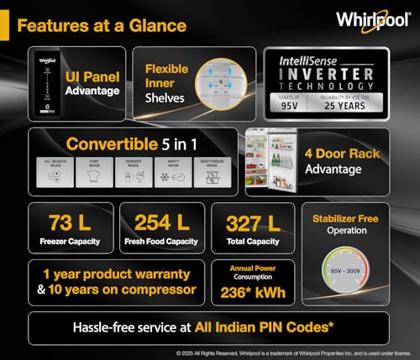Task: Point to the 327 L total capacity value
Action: [x=252, y=223]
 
